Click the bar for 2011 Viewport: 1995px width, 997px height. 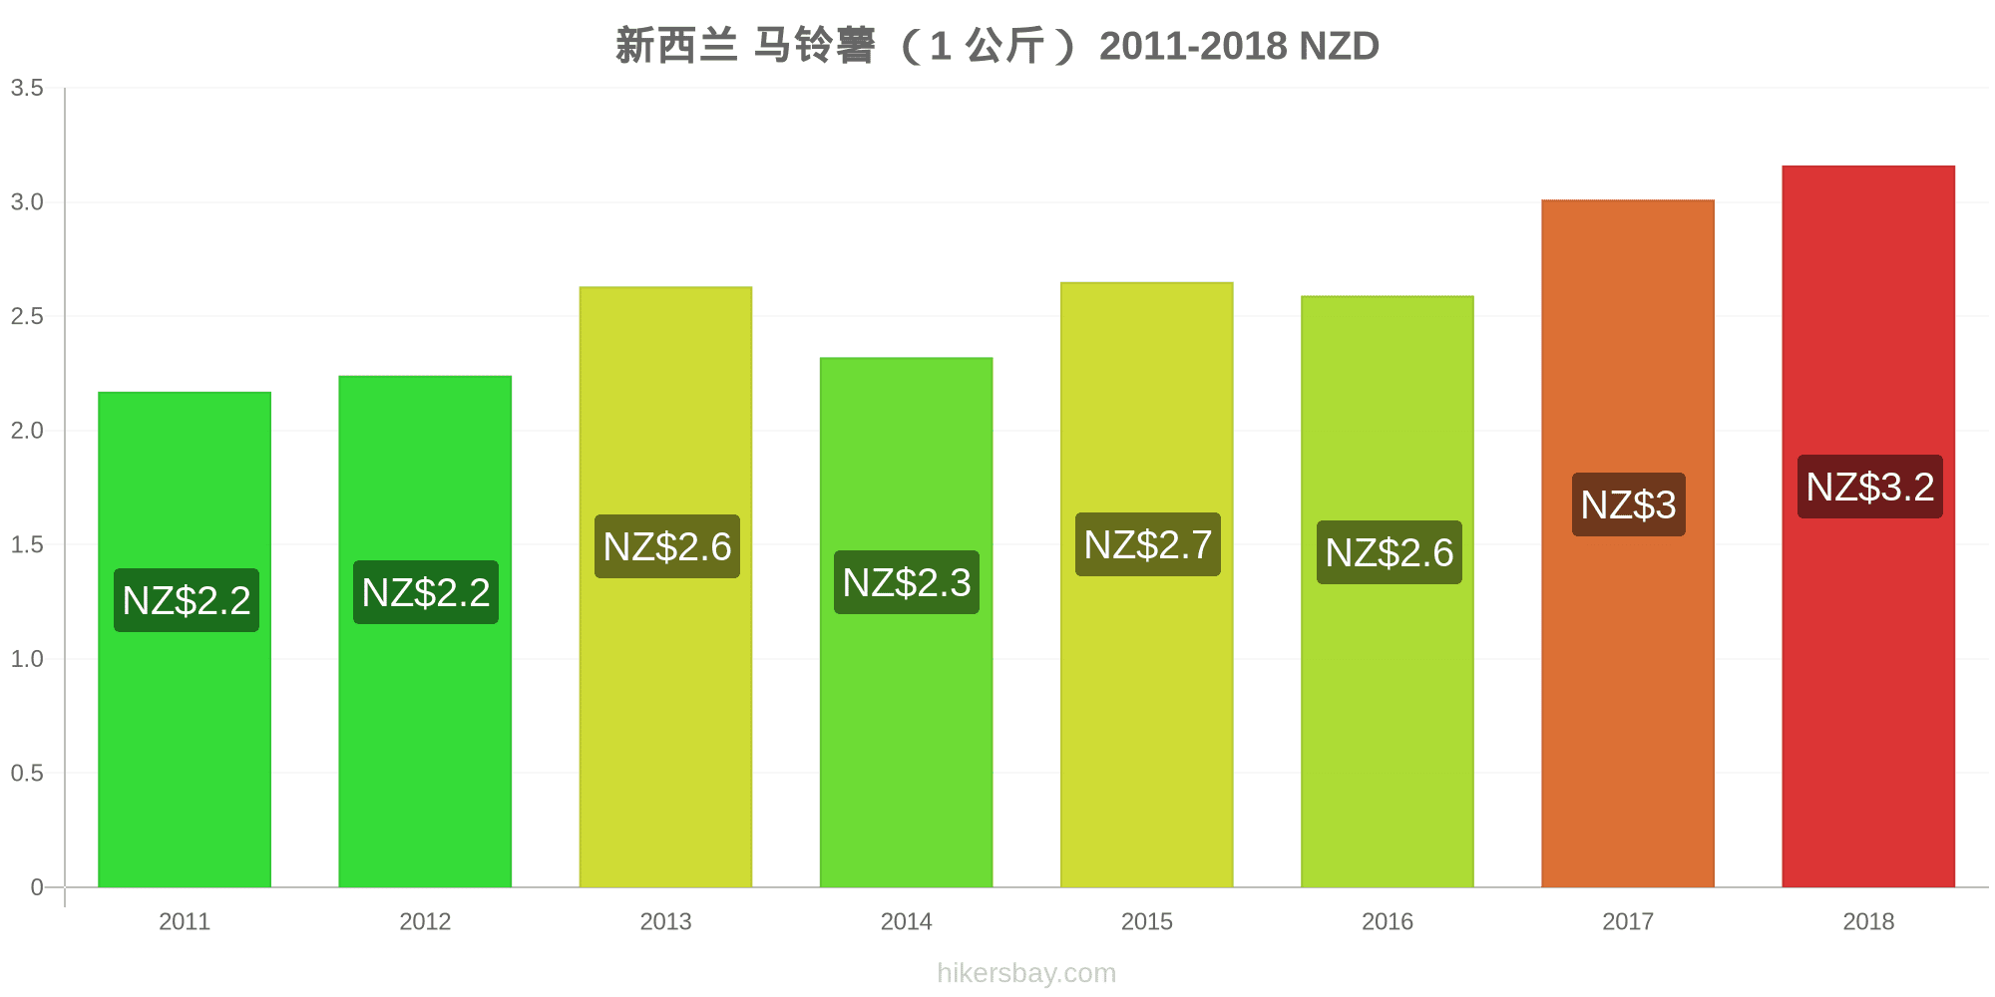[x=185, y=639]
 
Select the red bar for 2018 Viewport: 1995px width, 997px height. [x=1868, y=526]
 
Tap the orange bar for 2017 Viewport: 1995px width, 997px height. [x=1628, y=543]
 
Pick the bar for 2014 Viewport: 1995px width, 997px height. [x=906, y=622]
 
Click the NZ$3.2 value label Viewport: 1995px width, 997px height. [x=1870, y=487]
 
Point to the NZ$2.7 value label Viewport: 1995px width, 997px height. [x=1148, y=544]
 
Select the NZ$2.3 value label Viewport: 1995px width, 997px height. [x=907, y=582]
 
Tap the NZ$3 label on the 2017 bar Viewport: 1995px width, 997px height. [x=1629, y=504]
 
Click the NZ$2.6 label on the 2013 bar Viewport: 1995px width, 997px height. [x=667, y=546]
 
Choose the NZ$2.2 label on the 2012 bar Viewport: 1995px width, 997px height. [x=426, y=592]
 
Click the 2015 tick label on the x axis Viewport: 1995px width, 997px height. [x=1147, y=921]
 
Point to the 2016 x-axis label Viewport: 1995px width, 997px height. [x=1388, y=921]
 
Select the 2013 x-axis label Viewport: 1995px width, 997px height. [x=665, y=921]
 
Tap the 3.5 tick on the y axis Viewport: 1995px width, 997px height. [x=27, y=88]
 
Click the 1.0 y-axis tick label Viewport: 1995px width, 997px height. [x=27, y=659]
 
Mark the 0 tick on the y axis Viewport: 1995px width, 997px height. [x=37, y=887]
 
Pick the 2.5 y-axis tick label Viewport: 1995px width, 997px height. [x=27, y=316]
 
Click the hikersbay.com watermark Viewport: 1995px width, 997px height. [x=1026, y=973]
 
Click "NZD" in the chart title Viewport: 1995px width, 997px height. [x=1339, y=46]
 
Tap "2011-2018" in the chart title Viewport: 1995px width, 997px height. [x=1193, y=46]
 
